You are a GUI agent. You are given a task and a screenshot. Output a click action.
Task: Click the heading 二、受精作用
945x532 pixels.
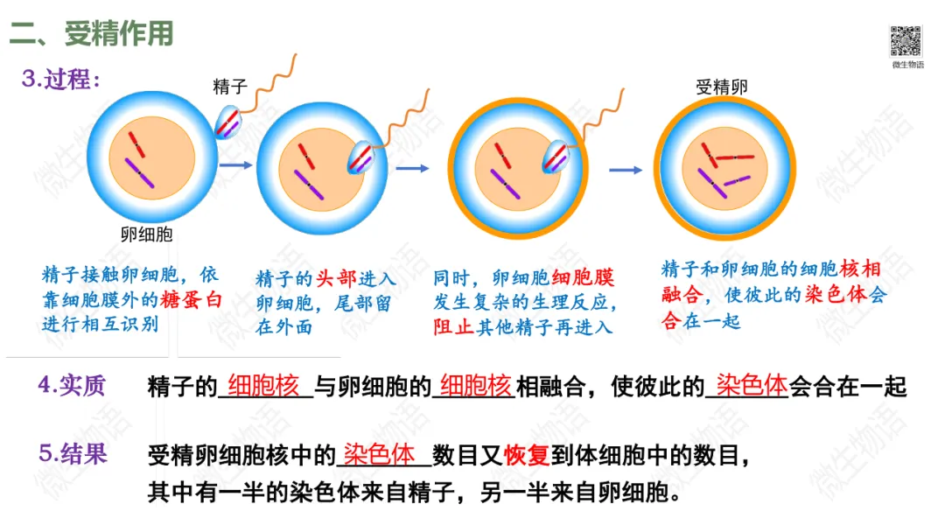click(x=92, y=34)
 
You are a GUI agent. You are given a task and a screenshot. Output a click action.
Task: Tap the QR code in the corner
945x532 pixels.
click(x=906, y=41)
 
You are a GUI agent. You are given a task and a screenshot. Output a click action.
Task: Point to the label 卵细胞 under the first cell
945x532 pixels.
click(x=147, y=234)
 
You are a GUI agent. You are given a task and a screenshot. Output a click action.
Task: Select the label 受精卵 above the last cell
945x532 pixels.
click(x=722, y=87)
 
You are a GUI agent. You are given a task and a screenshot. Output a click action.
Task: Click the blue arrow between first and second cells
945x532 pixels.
click(x=236, y=164)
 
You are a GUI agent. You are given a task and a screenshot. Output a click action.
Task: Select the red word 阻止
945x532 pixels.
click(x=455, y=327)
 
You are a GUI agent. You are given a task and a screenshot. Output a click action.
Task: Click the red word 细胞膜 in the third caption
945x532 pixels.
click(x=584, y=279)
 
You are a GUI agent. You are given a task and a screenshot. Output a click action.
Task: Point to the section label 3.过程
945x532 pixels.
click(x=61, y=80)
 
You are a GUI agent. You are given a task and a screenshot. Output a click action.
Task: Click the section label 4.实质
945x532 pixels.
click(x=71, y=386)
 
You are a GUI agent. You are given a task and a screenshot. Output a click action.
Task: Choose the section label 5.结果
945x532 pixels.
click(x=73, y=453)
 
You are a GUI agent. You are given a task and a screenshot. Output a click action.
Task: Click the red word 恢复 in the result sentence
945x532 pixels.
click(x=526, y=456)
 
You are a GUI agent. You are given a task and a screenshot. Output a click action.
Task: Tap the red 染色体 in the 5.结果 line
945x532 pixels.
click(x=379, y=455)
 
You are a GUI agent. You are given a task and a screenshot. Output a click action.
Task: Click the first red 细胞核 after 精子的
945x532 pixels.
click(x=263, y=386)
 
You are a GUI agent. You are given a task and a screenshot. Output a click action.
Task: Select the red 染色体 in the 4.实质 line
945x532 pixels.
click(x=752, y=385)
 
